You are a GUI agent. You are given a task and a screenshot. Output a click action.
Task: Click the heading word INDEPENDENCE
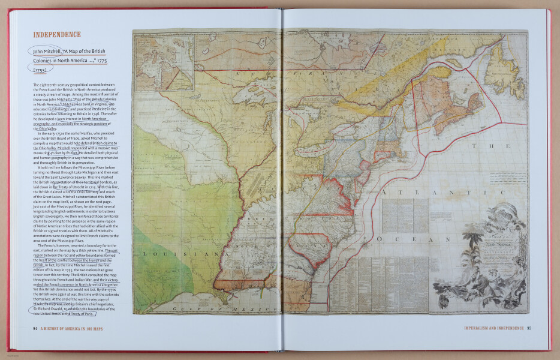pyautogui.click(x=56, y=35)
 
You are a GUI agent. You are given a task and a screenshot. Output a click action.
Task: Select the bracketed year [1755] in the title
pyautogui.click(x=43, y=70)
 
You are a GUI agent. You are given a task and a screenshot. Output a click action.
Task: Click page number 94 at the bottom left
pyautogui.click(x=35, y=328)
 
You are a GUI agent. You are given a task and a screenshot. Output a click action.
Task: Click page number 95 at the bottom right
pyautogui.click(x=528, y=328)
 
